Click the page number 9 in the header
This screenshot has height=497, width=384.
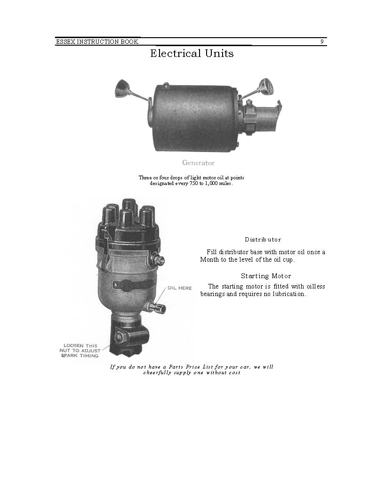pyautogui.click(x=322, y=42)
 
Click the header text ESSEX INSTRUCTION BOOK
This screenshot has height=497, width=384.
pyautogui.click(x=97, y=42)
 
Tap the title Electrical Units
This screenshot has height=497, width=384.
pyautogui.click(x=192, y=54)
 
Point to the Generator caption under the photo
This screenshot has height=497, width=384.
pyautogui.click(x=198, y=163)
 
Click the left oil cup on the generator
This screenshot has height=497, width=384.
pyautogui.click(x=123, y=88)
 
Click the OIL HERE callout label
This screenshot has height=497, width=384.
pyautogui.click(x=180, y=288)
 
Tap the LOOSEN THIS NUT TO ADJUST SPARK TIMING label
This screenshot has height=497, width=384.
pyautogui.click(x=80, y=351)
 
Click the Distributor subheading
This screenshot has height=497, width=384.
pyautogui.click(x=263, y=240)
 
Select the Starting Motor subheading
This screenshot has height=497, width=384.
pyautogui.click(x=266, y=276)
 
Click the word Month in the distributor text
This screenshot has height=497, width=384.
pyautogui.click(x=209, y=260)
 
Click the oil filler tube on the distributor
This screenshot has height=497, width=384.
pyautogui.click(x=156, y=308)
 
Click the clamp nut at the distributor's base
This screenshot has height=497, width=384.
pyautogui.click(x=120, y=337)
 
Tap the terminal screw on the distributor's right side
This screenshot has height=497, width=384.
pyautogui.click(x=160, y=260)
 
